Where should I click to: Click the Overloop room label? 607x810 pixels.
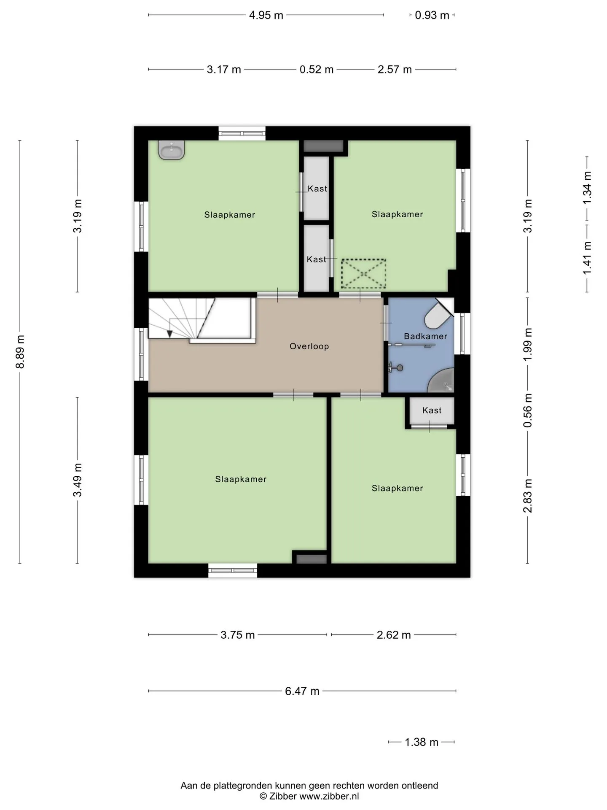[x=309, y=346]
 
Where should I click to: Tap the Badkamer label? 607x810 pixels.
[x=425, y=336]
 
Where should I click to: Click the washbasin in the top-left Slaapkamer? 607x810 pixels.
[x=171, y=150]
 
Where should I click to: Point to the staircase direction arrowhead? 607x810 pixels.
[x=169, y=334]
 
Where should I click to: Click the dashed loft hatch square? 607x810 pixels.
[x=363, y=274]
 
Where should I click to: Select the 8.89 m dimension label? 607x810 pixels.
[x=20, y=352]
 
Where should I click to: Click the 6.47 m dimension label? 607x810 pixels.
[x=302, y=691]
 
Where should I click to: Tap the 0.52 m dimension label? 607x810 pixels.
[x=317, y=69]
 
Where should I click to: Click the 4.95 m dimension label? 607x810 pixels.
[x=266, y=15]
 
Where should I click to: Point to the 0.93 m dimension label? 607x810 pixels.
[x=432, y=15]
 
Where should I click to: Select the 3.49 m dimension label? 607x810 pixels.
[x=78, y=480]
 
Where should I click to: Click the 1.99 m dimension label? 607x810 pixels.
[x=528, y=344]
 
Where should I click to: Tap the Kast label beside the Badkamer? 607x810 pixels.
[x=432, y=410]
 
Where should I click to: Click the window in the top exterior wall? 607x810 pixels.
[x=242, y=133]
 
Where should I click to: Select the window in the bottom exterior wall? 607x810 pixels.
[x=233, y=570]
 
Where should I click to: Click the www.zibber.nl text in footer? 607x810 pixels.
[x=329, y=796]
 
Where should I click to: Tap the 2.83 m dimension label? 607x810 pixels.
[x=528, y=496]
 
